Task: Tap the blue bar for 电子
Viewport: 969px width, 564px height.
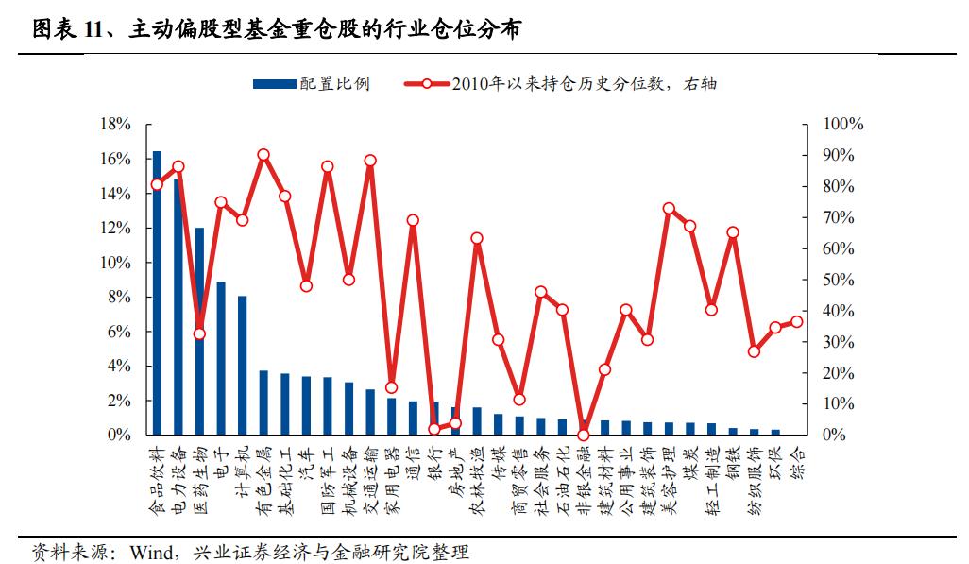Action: coord(221,359)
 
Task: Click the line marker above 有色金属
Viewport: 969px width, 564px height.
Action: coord(263,155)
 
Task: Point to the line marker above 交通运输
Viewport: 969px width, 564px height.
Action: coord(370,161)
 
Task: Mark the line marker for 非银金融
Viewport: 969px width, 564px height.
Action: coord(584,435)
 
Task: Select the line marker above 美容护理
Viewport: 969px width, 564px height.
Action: coord(669,208)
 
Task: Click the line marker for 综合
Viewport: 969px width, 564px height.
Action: coord(797,321)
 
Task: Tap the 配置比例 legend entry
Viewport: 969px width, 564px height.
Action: coord(312,84)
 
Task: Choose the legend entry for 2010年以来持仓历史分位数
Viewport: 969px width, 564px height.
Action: coord(557,84)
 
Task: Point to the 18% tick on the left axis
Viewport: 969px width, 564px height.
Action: coord(115,125)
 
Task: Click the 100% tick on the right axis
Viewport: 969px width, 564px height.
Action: coord(843,125)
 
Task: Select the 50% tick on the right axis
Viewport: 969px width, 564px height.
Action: coord(840,280)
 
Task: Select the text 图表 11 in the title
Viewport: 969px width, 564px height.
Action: coord(66,31)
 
